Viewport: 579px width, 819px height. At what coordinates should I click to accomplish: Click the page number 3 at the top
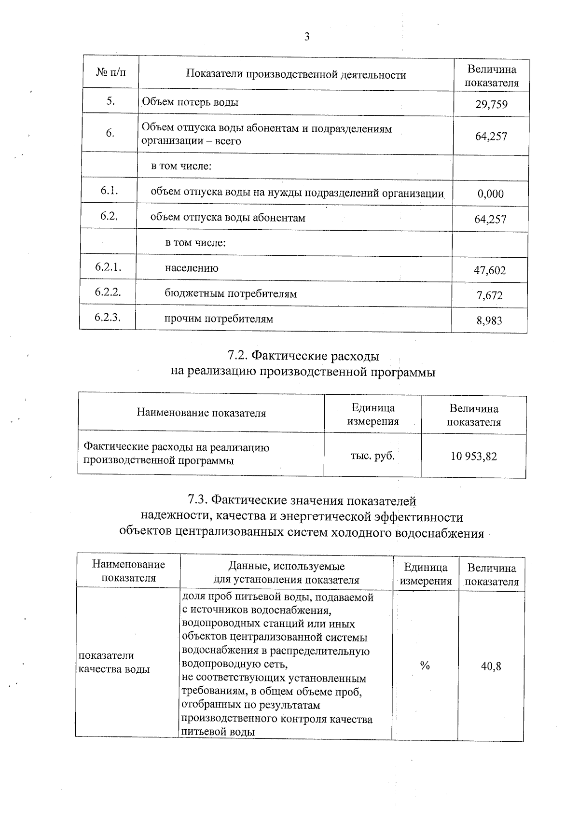pyautogui.click(x=306, y=37)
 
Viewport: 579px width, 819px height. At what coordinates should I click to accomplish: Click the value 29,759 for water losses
pyautogui.click(x=491, y=104)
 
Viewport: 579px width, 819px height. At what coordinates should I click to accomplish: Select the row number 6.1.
pyautogui.click(x=110, y=191)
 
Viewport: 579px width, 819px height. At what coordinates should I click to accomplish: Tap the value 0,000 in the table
pyautogui.click(x=491, y=194)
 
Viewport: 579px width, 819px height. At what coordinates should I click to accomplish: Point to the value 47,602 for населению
pyautogui.click(x=490, y=270)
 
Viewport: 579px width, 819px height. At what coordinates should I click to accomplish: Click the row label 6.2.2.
pyautogui.click(x=108, y=292)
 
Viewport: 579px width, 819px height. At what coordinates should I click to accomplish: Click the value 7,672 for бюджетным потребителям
pyautogui.click(x=490, y=295)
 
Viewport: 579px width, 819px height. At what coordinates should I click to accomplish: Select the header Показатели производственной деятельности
pyautogui.click(x=296, y=74)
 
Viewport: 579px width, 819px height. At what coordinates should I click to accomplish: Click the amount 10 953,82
pyautogui.click(x=473, y=456)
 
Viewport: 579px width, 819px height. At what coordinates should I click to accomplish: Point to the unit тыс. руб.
pyautogui.click(x=372, y=455)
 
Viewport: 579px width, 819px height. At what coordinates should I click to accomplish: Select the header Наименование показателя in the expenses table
pyautogui.click(x=201, y=413)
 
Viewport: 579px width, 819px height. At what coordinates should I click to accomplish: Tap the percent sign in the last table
pyautogui.click(x=424, y=666)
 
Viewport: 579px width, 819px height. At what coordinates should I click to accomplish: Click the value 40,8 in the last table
pyautogui.click(x=491, y=666)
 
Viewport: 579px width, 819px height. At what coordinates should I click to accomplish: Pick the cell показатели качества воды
pyautogui.click(x=114, y=662)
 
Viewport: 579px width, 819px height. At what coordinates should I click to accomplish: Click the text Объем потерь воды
pyautogui.click(x=190, y=102)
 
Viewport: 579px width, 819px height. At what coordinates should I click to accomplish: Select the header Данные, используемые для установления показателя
pyautogui.click(x=286, y=573)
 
